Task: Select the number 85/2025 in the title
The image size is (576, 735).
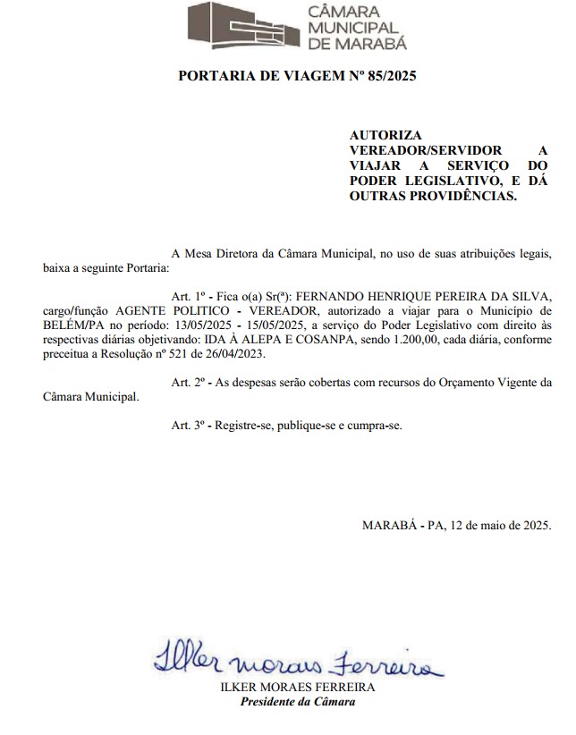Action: [385, 76]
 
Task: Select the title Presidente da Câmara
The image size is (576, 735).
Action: [298, 701]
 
